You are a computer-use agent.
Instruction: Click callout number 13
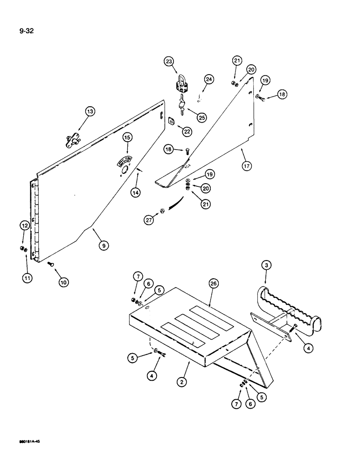tap(90, 111)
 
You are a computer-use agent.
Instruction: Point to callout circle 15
tap(127, 137)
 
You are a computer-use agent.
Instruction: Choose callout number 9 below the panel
tap(102, 245)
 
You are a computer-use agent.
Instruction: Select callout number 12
tap(24, 226)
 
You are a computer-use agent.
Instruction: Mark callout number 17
tap(247, 165)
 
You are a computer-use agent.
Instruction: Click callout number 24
tap(209, 80)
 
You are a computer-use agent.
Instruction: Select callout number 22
tap(187, 132)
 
